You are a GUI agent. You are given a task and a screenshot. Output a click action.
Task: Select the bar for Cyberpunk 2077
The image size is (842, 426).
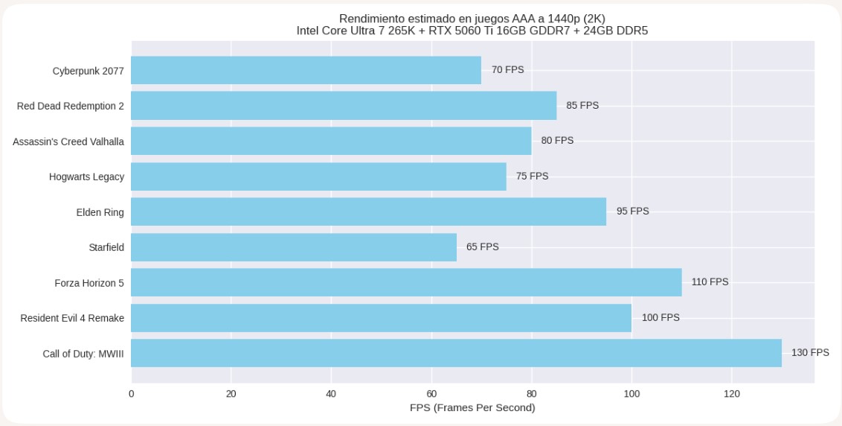coord(306,70)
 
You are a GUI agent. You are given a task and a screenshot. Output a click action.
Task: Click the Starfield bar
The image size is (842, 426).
coord(294,247)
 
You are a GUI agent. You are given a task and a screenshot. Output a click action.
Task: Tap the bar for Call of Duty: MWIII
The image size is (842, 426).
coord(456,353)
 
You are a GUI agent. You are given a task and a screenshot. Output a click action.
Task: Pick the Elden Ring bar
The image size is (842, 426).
coord(368,212)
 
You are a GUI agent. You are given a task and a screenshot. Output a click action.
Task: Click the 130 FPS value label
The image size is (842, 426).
coord(810,353)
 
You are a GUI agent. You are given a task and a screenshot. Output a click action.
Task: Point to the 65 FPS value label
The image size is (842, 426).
coord(483,247)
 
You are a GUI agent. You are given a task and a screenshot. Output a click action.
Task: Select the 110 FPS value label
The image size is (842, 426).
coord(710,282)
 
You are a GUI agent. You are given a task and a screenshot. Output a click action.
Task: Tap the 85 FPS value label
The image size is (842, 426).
coord(582,106)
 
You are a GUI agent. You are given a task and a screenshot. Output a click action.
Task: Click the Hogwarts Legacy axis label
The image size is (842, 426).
coord(86,177)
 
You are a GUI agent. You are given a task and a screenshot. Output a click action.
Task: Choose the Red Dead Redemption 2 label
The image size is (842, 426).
coord(71,106)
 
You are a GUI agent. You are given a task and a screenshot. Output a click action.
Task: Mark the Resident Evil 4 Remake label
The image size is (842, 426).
coord(72,318)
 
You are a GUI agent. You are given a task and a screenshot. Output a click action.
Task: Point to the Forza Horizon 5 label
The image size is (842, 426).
coord(89,283)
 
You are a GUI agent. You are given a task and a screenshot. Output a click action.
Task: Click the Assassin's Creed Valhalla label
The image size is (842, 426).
coord(68,142)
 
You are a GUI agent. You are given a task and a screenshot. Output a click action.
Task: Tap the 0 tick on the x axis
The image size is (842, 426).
coord(132,394)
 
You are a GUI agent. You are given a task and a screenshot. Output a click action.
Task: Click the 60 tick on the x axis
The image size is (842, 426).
coord(431,394)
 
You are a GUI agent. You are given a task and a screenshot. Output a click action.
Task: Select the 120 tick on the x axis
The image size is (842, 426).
coord(731,394)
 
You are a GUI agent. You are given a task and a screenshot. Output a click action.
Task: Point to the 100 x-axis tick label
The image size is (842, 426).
coord(631,394)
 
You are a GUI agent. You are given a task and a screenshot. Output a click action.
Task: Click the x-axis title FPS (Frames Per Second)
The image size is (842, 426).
coord(472,408)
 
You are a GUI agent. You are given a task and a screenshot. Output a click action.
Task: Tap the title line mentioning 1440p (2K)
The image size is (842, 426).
coord(472,18)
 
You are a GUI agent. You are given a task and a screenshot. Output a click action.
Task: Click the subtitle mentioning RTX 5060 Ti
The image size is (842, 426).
coord(472,31)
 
